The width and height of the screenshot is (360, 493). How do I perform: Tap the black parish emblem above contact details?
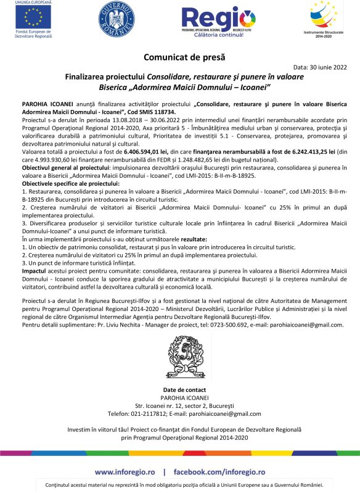point(180,357)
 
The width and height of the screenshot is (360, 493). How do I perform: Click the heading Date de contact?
point(180,390)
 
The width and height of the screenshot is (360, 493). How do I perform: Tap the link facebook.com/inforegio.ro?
point(219,454)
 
